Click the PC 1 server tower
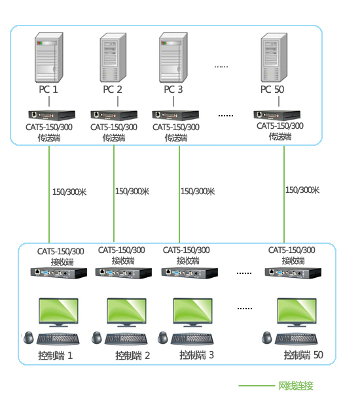(x=49, y=58)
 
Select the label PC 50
(x=272, y=90)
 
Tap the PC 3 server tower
(x=173, y=58)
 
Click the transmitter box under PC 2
(x=114, y=116)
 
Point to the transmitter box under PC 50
(x=277, y=116)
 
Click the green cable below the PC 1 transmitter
(x=49, y=194)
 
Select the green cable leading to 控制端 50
(x=284, y=194)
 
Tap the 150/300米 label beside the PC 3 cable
(x=198, y=192)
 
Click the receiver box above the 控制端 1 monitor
(x=59, y=273)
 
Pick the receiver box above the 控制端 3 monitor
(x=190, y=273)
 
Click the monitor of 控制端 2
(x=126, y=313)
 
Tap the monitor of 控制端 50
(x=297, y=313)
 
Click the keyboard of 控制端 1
(x=58, y=339)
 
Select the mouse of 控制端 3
(x=163, y=337)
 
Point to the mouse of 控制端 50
(x=267, y=337)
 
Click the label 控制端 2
(x=133, y=356)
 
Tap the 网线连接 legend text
(x=296, y=386)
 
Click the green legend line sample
(x=257, y=386)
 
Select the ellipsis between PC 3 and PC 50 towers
(x=221, y=67)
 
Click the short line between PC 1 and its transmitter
(x=49, y=101)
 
